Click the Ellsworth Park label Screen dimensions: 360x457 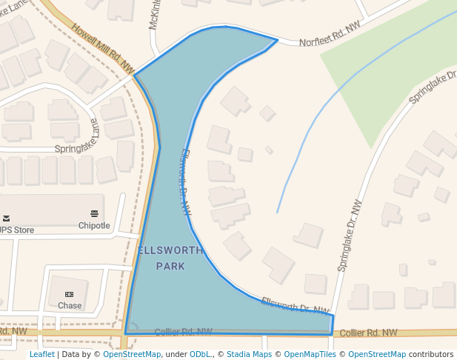click(170, 258)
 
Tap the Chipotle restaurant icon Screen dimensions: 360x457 click(94, 214)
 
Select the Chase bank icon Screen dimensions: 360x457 click(70, 294)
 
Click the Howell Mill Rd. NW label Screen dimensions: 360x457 click(101, 48)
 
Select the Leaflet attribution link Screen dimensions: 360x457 click(41, 355)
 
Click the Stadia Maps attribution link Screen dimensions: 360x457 click(249, 355)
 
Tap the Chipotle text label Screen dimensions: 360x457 click(94, 226)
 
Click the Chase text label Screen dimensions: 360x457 click(70, 305)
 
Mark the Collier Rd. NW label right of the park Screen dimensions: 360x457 click(369, 333)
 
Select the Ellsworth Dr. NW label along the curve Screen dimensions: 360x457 click(184, 181)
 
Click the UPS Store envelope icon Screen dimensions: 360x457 click(6, 218)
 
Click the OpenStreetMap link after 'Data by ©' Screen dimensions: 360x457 click(131, 355)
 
